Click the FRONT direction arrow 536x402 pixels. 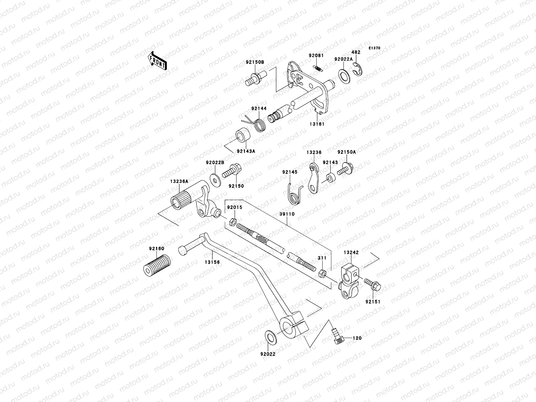[x=158, y=61]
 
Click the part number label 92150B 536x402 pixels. [x=255, y=62]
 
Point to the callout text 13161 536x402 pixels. [x=317, y=124]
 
